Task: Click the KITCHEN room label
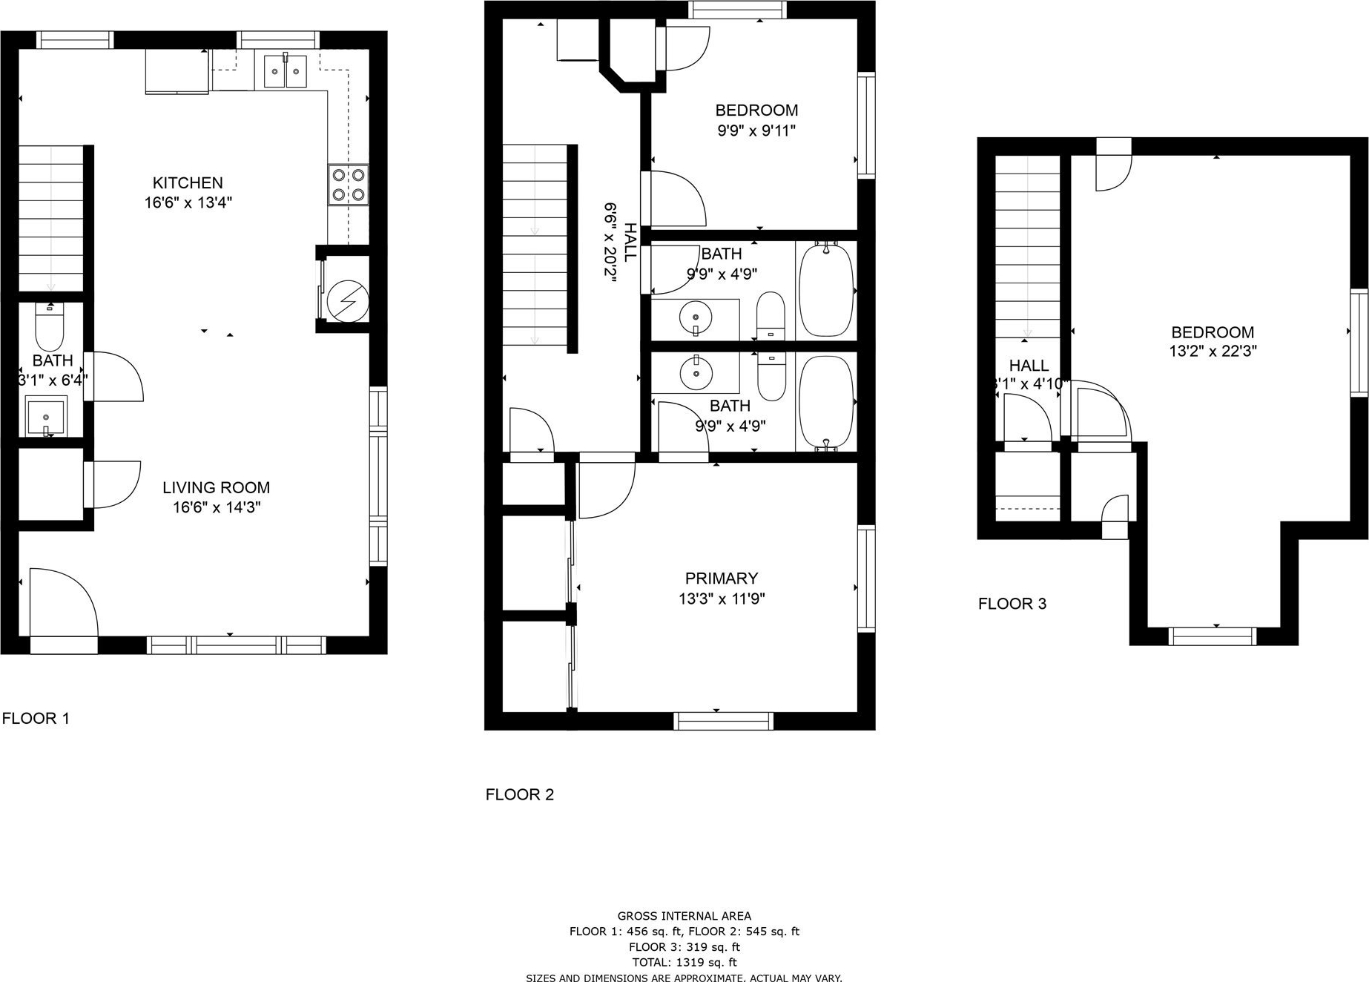[x=188, y=182]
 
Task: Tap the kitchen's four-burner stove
[x=349, y=185]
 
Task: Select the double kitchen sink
[x=286, y=71]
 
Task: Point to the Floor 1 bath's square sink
[x=46, y=416]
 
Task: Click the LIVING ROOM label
[x=216, y=487]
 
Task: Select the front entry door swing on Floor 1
[x=64, y=602]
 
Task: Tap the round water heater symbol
[x=348, y=300]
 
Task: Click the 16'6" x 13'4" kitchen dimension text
[x=188, y=202]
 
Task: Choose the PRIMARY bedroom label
[x=722, y=578]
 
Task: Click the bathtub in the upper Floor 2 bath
[x=826, y=289]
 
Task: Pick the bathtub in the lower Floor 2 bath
[x=826, y=402]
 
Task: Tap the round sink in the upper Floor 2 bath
[x=696, y=318]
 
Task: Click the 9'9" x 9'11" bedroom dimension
[x=756, y=131]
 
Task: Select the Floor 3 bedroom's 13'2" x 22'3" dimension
[x=1213, y=352]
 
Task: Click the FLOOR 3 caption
[x=1012, y=604]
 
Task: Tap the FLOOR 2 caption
[x=520, y=794]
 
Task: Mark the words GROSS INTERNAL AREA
[x=684, y=916]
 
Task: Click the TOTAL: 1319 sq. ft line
[x=684, y=963]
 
